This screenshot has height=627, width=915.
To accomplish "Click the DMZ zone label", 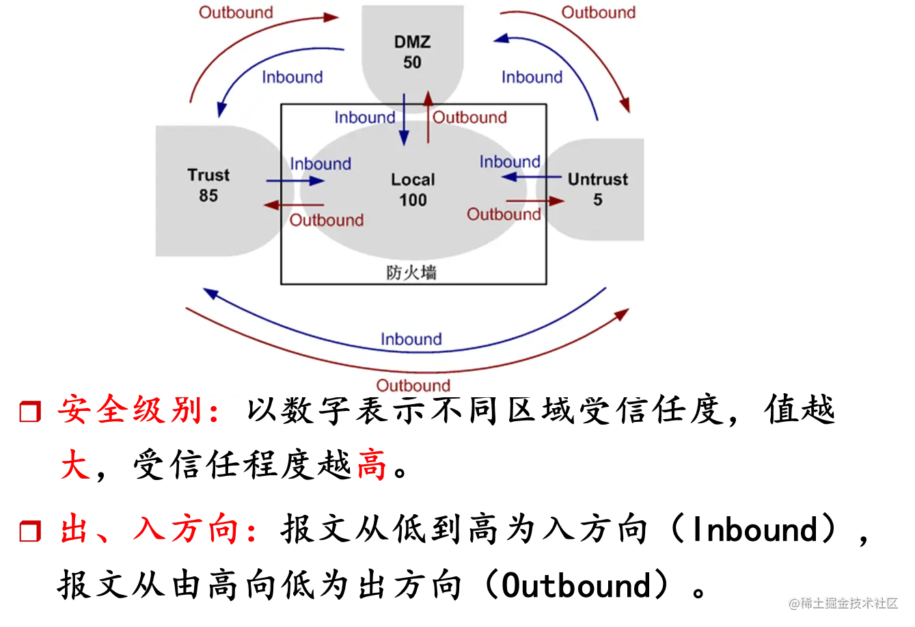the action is tap(412, 42).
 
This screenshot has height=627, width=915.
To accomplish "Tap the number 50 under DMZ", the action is tap(412, 62).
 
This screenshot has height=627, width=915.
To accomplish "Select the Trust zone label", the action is tap(208, 175).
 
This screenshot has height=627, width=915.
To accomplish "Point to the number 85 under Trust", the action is tap(208, 196).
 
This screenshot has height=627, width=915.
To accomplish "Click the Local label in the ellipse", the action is tap(413, 180).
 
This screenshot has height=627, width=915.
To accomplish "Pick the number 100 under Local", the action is tap(413, 200).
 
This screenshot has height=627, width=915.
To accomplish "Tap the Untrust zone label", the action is tap(597, 180).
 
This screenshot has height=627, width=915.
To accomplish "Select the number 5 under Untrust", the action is tap(597, 200).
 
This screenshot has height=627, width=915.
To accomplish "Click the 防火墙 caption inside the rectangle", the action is tap(411, 273).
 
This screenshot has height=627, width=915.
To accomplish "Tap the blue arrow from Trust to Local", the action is tap(295, 181).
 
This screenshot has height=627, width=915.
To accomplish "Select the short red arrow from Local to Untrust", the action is tap(535, 200).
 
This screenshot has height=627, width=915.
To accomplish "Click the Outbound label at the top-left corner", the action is tap(236, 12).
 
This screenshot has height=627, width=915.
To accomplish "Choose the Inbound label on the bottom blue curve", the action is tap(411, 339).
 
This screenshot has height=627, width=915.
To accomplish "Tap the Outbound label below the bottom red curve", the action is tap(413, 386).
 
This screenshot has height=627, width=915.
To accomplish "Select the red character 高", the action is tap(372, 466).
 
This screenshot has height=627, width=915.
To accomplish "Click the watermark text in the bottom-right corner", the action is tap(843, 602).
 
